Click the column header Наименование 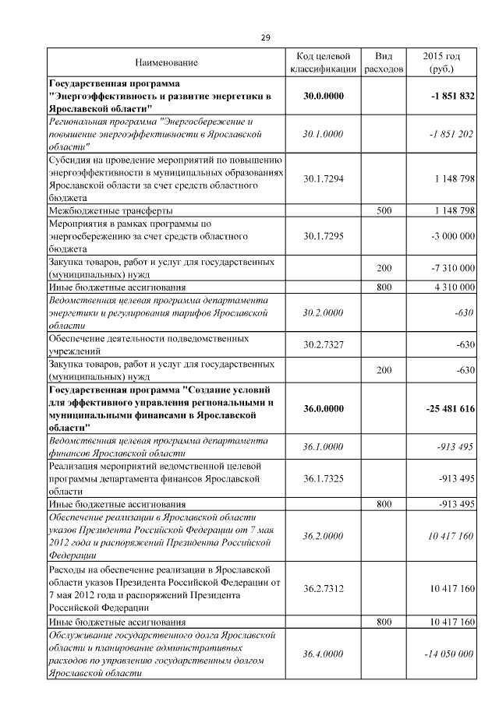pyautogui.click(x=166, y=62)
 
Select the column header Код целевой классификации pyautogui.click(x=323, y=62)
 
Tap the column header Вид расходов pyautogui.click(x=384, y=62)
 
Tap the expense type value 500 pyautogui.click(x=384, y=211)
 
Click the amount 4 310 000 pyautogui.click(x=451, y=287)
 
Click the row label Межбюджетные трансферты pyautogui.click(x=111, y=211)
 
